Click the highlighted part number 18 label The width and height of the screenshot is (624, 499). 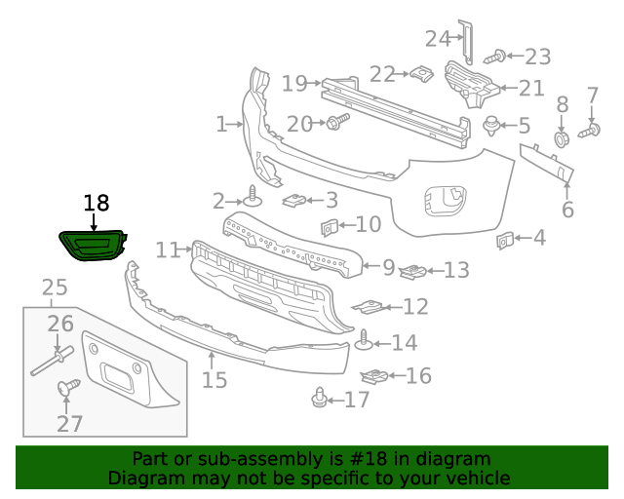pyautogui.click(x=96, y=203)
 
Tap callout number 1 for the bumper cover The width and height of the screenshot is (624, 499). pyautogui.click(x=221, y=124)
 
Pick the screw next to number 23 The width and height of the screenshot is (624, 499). pyautogui.click(x=498, y=58)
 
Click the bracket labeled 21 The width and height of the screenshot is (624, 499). pyautogui.click(x=472, y=83)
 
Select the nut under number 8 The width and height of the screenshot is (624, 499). pyautogui.click(x=563, y=138)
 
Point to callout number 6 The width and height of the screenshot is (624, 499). pyautogui.click(x=567, y=209)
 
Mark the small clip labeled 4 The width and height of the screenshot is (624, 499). pyautogui.click(x=505, y=238)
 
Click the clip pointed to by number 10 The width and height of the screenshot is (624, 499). pyautogui.click(x=329, y=228)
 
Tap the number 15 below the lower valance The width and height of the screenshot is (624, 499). pyautogui.click(x=214, y=379)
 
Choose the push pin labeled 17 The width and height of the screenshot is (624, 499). pyautogui.click(x=319, y=398)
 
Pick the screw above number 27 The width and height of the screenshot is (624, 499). pyautogui.click(x=67, y=388)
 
